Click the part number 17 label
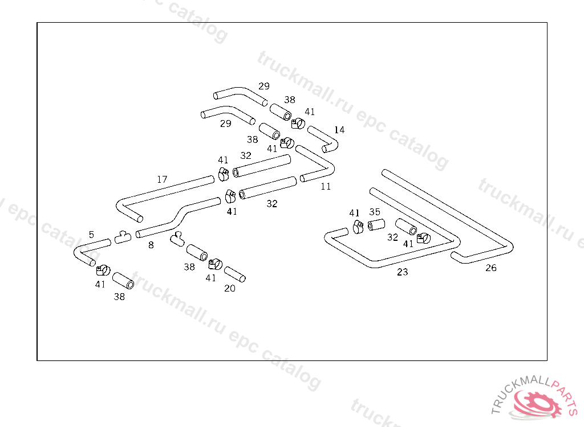(x=162, y=179)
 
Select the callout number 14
(x=339, y=130)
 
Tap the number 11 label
(x=326, y=186)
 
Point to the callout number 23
(x=402, y=272)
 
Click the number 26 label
(x=491, y=268)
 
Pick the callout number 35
(x=375, y=212)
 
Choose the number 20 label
(x=230, y=288)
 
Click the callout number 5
(x=91, y=235)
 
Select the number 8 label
(x=151, y=245)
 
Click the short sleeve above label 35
(x=376, y=225)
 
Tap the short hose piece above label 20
(x=234, y=274)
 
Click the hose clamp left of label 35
(x=358, y=227)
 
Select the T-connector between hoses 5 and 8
(x=123, y=237)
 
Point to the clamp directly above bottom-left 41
(x=103, y=270)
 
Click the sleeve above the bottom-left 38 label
(x=123, y=281)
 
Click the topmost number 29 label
(x=263, y=86)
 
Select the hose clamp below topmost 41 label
(x=298, y=123)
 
